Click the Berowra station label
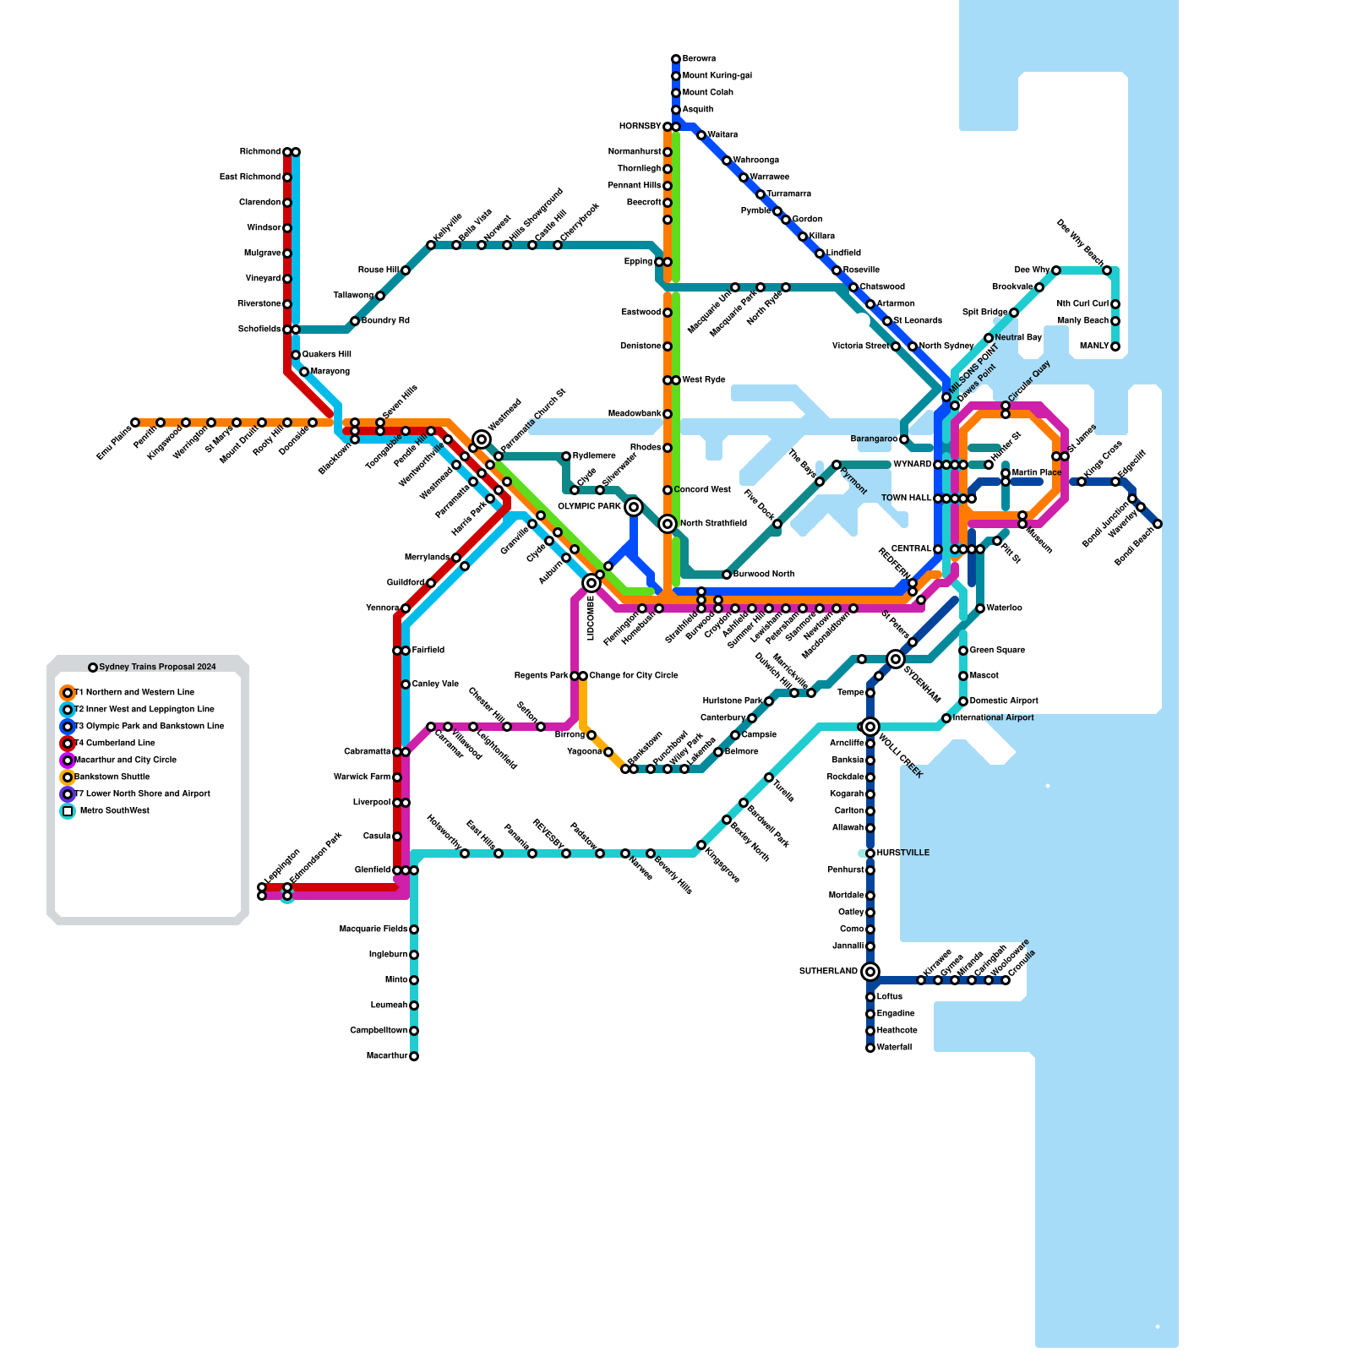coord(699,59)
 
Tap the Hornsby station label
coord(640,127)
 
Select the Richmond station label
coord(259,152)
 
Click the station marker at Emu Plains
coord(135,422)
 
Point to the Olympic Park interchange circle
coord(634,507)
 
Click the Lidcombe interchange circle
coord(591,583)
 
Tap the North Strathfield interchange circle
coord(668,524)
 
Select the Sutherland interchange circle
coord(870,972)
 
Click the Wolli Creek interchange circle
coord(870,727)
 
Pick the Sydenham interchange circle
coord(896,659)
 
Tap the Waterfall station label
coord(894,1048)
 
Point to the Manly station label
coord(1094,346)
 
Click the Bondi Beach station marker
coord(1158,524)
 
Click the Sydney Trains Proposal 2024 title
coord(157,668)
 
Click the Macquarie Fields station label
coord(373,929)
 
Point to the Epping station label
coord(638,262)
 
